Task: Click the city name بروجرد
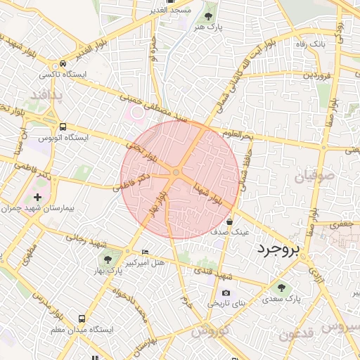click(x=278, y=249)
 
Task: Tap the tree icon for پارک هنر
click(x=209, y=15)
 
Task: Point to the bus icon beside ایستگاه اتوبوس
click(x=63, y=127)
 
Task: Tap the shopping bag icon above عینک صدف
click(x=229, y=222)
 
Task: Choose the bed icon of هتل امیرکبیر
click(x=146, y=252)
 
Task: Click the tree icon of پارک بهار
click(x=108, y=261)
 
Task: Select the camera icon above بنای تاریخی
click(x=226, y=292)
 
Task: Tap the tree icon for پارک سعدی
click(x=282, y=288)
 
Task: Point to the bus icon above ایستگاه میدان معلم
click(x=83, y=319)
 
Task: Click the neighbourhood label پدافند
click(x=47, y=94)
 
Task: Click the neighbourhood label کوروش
click(x=207, y=331)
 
